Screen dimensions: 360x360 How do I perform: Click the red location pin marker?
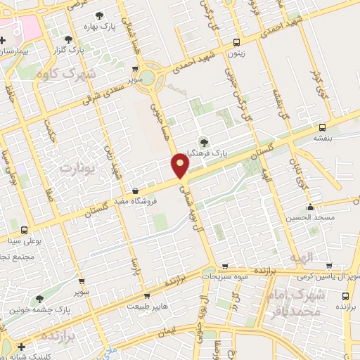coord(181,166)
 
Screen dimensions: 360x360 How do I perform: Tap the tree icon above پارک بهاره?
coord(98,15)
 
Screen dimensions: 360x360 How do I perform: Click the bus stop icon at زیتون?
coord(236,41)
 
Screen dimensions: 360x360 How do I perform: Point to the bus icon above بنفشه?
coord(321,127)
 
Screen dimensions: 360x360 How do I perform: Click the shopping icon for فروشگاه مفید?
coord(134,191)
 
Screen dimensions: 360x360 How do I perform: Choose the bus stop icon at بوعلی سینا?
coord(25,230)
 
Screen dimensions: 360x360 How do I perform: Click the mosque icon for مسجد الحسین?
coord(310,207)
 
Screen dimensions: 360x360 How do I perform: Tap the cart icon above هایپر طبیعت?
coord(146,296)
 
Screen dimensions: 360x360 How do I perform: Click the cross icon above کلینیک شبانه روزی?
coord(22,346)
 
